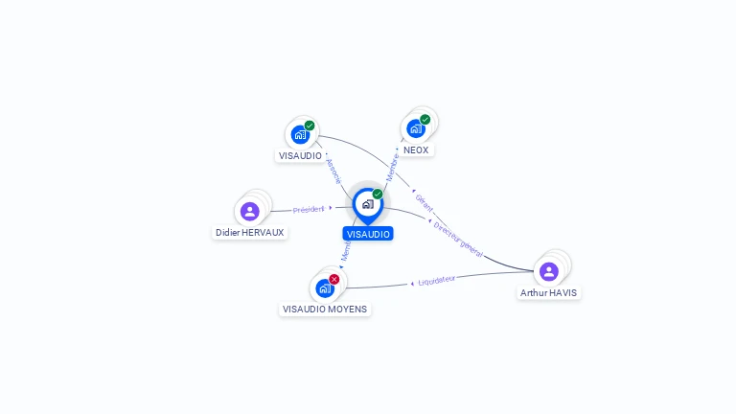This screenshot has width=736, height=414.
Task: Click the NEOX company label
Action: pos(416,150)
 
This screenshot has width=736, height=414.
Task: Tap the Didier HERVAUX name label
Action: pos(250,233)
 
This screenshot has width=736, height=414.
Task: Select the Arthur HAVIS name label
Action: pos(548,293)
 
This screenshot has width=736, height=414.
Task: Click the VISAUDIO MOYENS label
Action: pos(325,310)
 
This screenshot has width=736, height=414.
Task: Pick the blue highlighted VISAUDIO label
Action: pos(368,234)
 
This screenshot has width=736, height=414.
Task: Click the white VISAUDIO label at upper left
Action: pos(300,155)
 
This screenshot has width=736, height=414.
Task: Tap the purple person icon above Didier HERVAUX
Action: pos(250,211)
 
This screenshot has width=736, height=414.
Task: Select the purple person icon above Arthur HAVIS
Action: pos(549,271)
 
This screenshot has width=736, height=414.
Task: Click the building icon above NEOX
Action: pos(415,128)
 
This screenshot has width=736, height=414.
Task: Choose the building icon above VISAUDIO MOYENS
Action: pos(324,287)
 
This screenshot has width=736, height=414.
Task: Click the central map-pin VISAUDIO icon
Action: pos(367,204)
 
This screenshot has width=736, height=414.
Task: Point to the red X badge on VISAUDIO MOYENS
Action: pos(334,279)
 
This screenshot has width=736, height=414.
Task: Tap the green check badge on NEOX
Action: pos(425,120)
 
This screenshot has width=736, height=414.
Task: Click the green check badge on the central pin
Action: pos(378,195)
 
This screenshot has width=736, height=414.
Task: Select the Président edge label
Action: pos(309,209)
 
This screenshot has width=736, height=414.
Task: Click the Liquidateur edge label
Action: pos(437,281)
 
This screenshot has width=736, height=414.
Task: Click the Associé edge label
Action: pos(333,171)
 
